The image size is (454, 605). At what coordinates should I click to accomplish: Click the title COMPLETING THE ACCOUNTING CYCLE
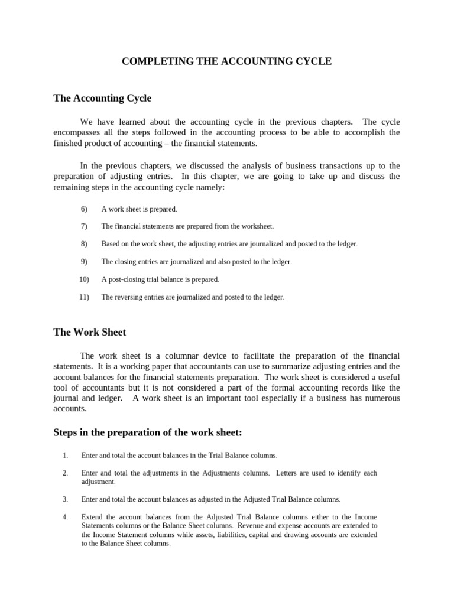(226, 61)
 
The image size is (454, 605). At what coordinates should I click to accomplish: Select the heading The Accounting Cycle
(102, 98)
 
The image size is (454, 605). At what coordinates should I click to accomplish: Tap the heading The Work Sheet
(89, 332)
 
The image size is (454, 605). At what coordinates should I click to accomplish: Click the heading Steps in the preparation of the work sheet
(147, 432)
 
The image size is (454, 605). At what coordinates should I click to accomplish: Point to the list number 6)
(83, 209)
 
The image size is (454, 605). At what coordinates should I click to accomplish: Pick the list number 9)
(83, 261)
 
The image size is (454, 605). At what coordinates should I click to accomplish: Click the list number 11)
(83, 297)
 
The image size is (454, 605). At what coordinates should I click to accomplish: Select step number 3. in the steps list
(65, 499)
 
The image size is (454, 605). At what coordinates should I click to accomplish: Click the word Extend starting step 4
(92, 517)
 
